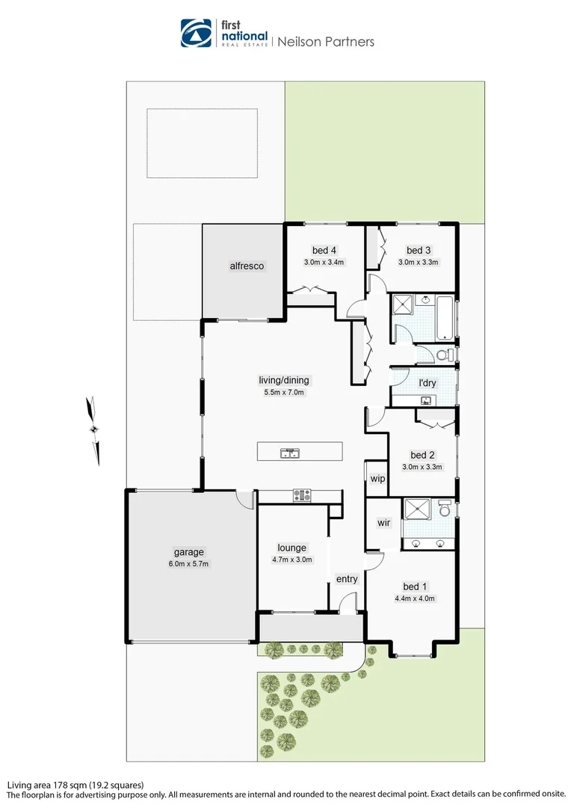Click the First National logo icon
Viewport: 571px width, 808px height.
197,33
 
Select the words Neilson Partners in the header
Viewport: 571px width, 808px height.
326,42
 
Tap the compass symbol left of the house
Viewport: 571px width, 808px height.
93,429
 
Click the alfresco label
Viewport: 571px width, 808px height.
247,266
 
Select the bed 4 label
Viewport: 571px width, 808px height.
323,250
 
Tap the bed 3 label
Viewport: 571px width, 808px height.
419,250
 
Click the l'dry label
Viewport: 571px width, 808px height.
427,383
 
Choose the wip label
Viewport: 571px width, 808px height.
377,478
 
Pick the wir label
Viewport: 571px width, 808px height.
383,522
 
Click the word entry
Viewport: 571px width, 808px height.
347,579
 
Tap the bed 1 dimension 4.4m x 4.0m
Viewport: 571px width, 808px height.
415,599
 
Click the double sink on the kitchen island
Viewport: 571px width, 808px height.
290,453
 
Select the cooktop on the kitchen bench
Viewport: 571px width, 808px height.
302,495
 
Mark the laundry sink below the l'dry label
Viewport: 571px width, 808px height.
427,400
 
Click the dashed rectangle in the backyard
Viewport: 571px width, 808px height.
202,143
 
